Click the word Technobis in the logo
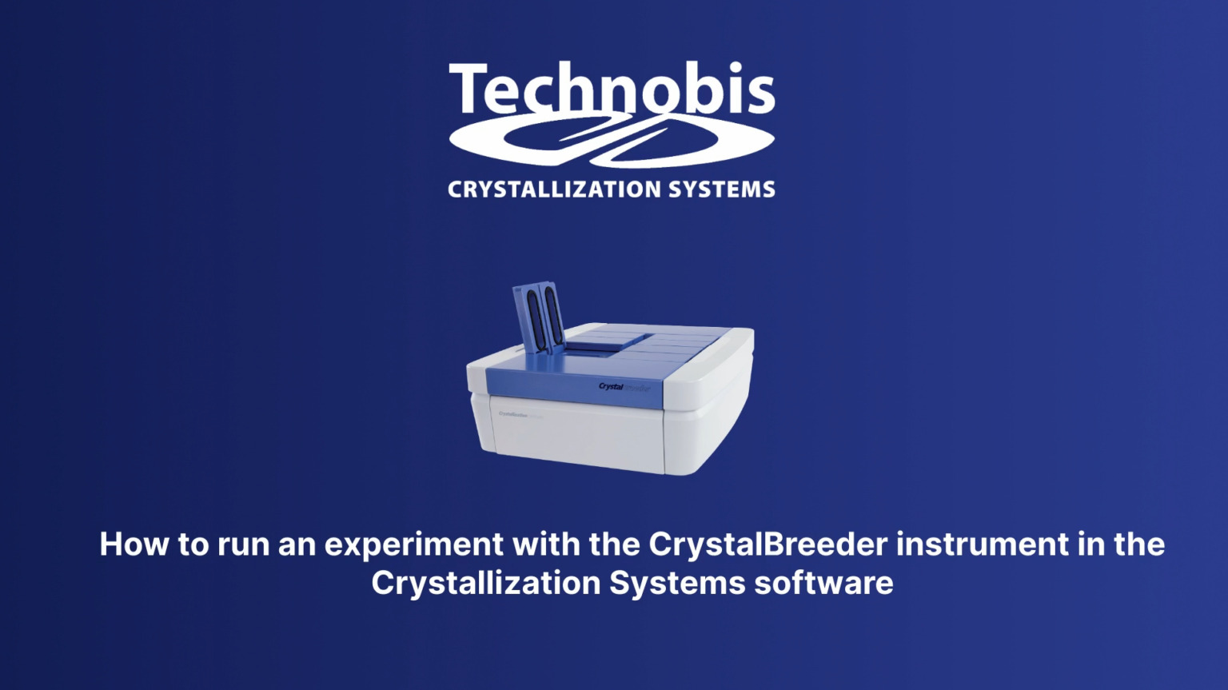pyautogui.click(x=612, y=89)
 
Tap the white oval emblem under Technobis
pyautogui.click(x=612, y=141)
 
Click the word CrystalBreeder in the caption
pyautogui.click(x=767, y=544)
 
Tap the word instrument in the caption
pyautogui.click(x=982, y=544)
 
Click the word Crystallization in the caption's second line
pyautogui.click(x=486, y=583)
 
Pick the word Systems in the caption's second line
pyautogui.click(x=676, y=583)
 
